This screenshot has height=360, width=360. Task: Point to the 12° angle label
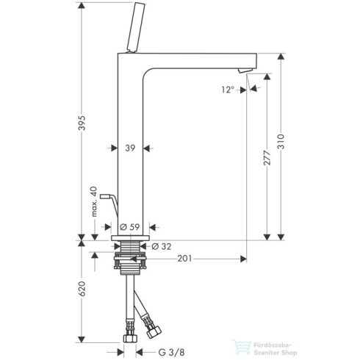tap(228, 89)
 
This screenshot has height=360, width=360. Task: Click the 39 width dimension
tap(129, 148)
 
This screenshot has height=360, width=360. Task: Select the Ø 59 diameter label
tap(129, 227)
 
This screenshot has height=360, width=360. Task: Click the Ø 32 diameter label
tap(164, 246)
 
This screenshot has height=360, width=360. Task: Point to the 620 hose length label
tap(82, 292)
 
